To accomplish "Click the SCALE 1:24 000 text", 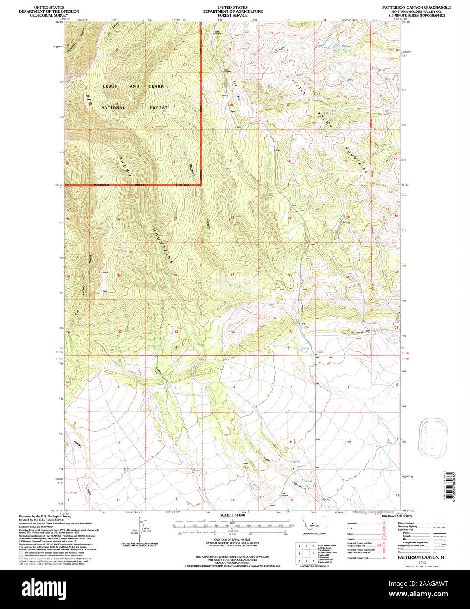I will coord(232,515).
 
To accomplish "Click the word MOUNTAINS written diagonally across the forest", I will coord(163,245).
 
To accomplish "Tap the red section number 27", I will coord(232,275).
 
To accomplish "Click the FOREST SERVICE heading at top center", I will coord(232,15).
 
